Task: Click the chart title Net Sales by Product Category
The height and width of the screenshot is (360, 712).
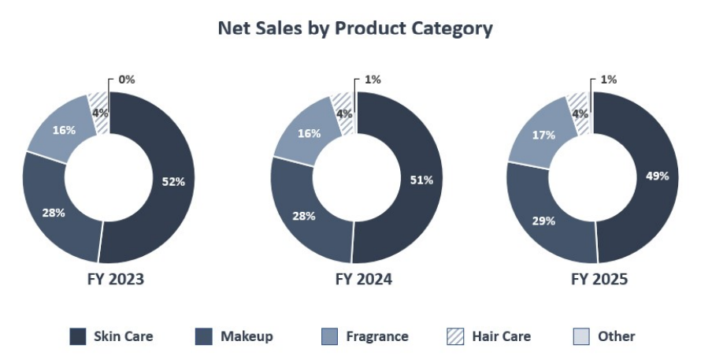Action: [x=355, y=29]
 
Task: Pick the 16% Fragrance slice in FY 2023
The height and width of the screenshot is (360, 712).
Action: [x=61, y=130]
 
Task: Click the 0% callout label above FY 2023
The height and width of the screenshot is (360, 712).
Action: [x=126, y=80]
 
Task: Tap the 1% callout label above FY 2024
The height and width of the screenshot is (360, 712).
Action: [x=373, y=80]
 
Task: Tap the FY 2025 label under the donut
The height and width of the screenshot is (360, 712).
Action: [x=599, y=280]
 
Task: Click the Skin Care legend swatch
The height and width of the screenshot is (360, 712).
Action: [x=78, y=336]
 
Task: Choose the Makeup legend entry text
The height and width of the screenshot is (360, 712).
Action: [x=247, y=336]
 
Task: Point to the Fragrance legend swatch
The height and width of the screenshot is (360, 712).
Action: [x=329, y=336]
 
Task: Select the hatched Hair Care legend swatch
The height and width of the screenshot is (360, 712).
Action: [x=455, y=336]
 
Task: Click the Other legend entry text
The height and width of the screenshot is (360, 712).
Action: [x=616, y=336]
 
